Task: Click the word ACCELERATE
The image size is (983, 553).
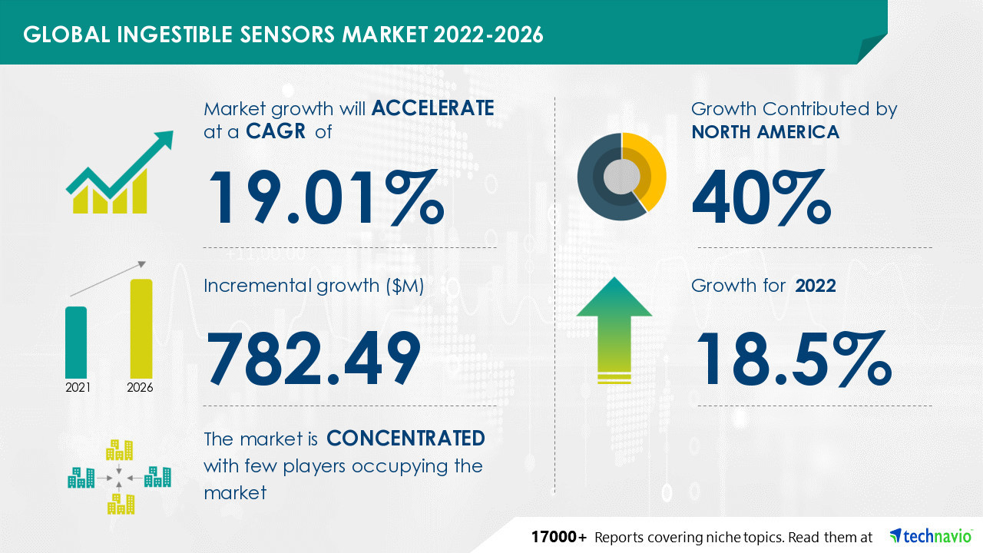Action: (432, 108)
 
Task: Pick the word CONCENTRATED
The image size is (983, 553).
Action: (405, 439)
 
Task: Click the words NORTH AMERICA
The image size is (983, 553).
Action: (765, 132)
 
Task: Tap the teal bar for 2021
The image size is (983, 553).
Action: (76, 341)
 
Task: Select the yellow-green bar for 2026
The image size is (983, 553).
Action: (141, 328)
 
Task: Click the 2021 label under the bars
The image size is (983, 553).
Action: (77, 388)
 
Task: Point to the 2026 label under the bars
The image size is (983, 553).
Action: (140, 388)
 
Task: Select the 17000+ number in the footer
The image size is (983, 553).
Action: (560, 536)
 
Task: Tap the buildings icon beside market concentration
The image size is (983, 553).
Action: (119, 476)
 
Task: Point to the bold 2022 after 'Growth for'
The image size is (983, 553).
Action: (816, 286)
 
